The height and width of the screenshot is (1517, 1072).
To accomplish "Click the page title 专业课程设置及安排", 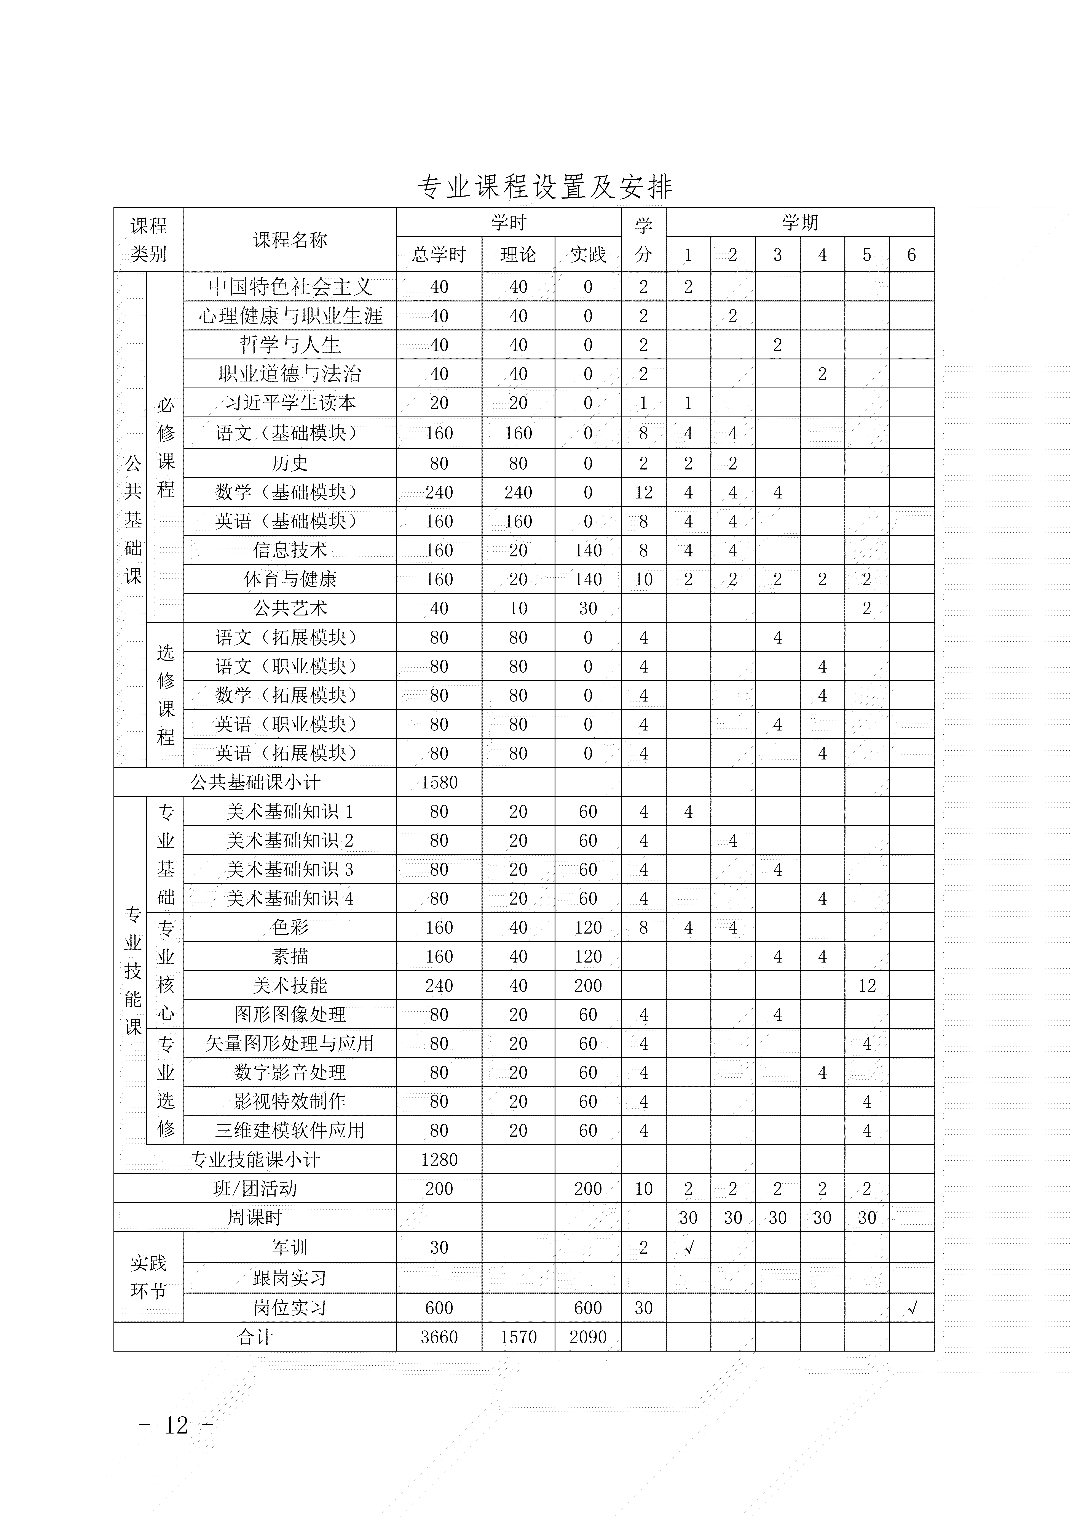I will tap(545, 188).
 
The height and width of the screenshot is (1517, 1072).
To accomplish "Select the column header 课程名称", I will tap(290, 240).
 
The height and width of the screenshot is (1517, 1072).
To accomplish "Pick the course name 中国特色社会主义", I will tap(290, 287).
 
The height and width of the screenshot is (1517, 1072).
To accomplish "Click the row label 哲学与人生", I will tap(290, 345).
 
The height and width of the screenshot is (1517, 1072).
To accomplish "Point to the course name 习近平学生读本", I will tap(290, 403).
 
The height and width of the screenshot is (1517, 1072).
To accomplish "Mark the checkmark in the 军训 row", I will tap(688, 1247).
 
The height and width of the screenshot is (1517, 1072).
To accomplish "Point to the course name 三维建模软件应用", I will tap(290, 1131).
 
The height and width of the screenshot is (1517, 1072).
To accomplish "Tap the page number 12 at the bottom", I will tap(176, 1425).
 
